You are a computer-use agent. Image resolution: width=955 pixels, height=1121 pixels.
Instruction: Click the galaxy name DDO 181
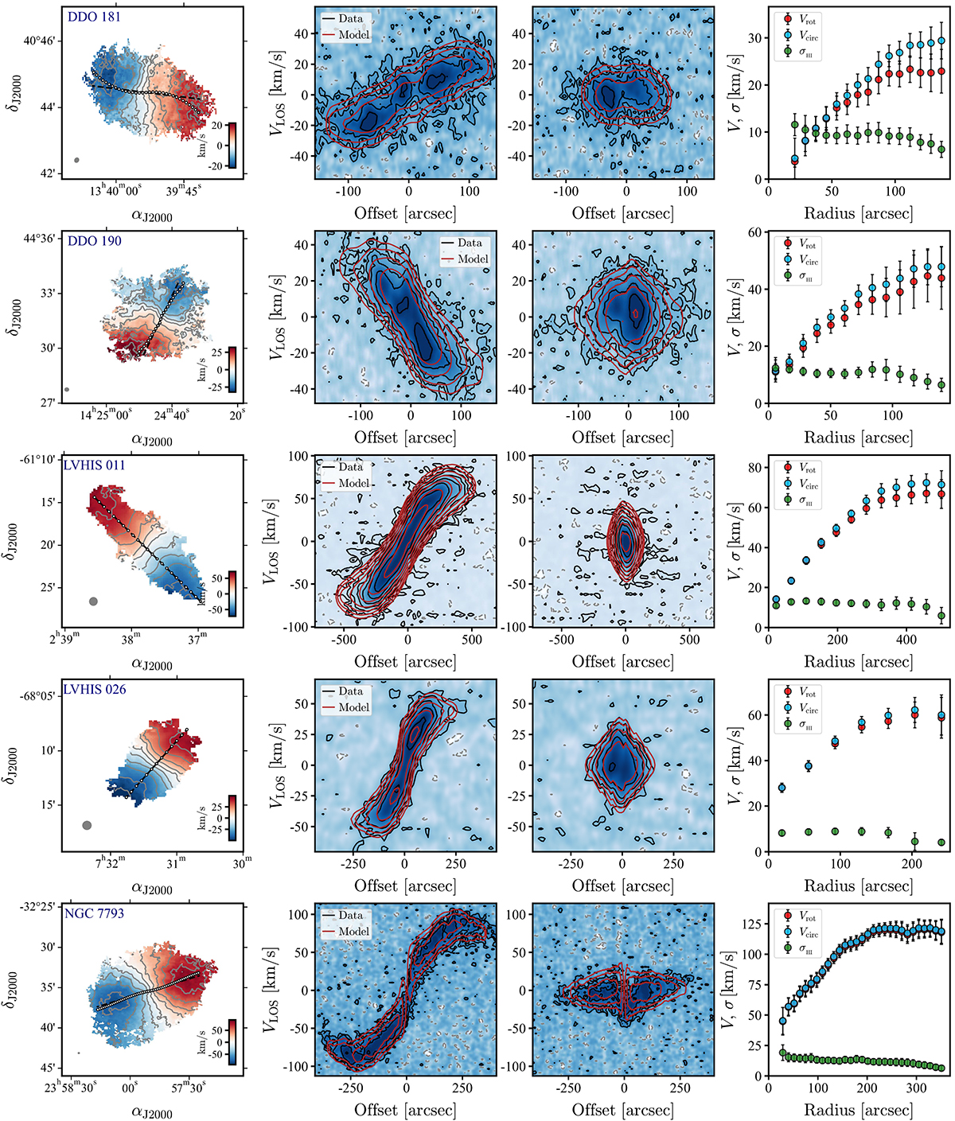(x=94, y=17)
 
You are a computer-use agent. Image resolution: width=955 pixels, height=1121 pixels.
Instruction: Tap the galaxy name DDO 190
(x=94, y=241)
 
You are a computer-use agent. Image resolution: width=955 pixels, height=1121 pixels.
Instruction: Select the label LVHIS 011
(x=95, y=465)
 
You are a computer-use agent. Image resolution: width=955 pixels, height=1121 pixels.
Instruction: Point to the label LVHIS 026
(x=95, y=690)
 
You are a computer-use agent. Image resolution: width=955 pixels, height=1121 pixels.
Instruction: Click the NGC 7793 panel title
(x=95, y=914)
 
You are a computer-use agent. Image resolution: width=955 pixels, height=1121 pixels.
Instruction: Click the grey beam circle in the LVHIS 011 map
(x=93, y=601)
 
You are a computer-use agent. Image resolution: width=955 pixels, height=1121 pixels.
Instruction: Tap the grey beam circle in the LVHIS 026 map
(x=87, y=825)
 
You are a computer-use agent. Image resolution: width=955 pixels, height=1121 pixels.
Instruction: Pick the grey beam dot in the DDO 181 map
(x=76, y=160)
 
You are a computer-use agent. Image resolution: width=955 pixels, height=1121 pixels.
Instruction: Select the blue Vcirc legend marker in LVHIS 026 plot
(x=787, y=708)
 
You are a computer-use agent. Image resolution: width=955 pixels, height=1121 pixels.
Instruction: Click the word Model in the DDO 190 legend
(x=473, y=259)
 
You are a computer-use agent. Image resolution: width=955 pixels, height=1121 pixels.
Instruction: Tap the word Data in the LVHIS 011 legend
(x=350, y=467)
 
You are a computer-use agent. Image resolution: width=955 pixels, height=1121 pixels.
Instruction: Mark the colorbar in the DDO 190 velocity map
(x=232, y=369)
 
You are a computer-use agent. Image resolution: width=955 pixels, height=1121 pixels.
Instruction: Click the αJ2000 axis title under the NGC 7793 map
(x=151, y=1113)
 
